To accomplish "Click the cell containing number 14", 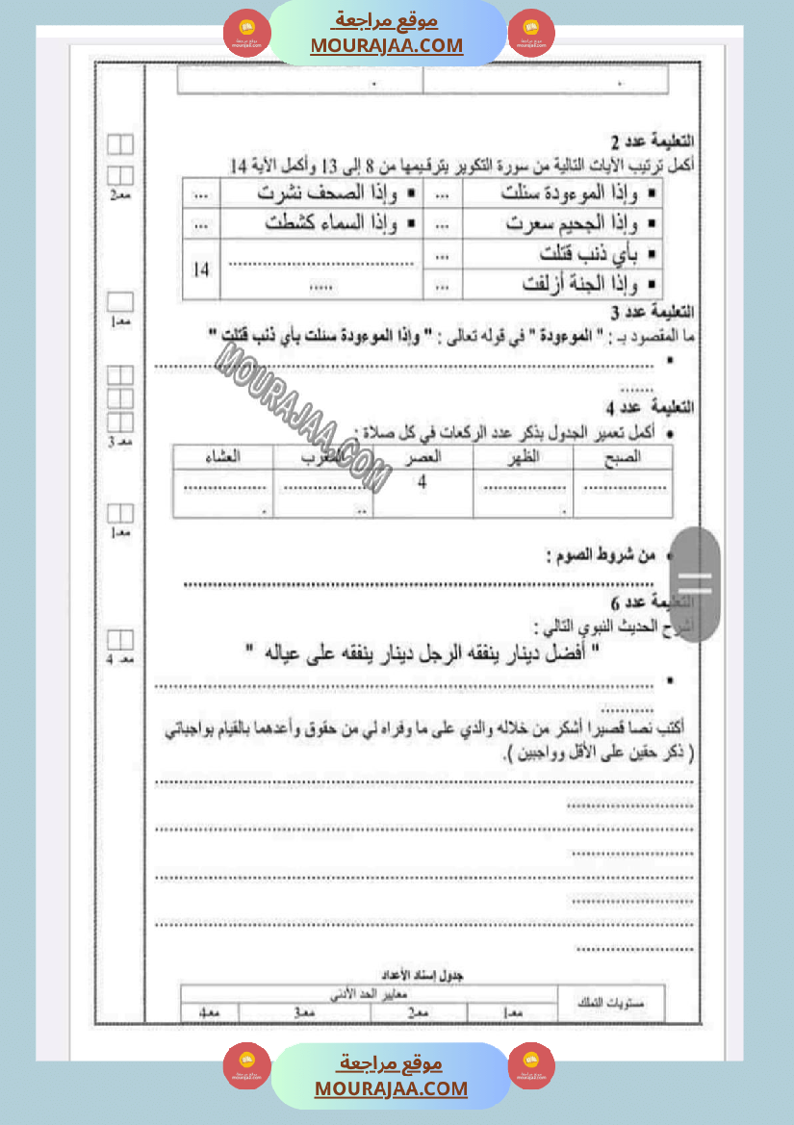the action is click(x=200, y=269).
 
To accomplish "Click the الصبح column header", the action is click(x=621, y=457).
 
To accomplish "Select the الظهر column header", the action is click(x=522, y=457).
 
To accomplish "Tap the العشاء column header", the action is click(x=222, y=457).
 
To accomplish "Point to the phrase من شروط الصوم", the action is click(x=600, y=555).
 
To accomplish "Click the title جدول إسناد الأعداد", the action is click(x=420, y=975).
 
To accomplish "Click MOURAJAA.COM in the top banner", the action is click(x=387, y=45).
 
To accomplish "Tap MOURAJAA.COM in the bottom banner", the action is click(x=391, y=1088).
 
